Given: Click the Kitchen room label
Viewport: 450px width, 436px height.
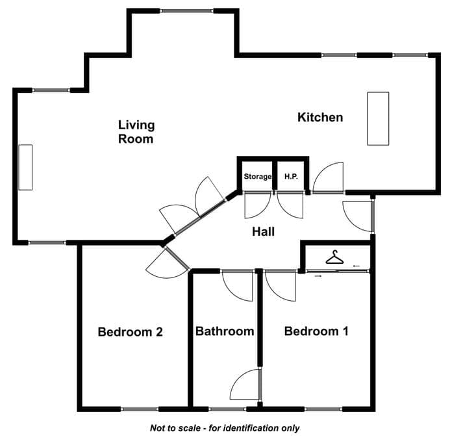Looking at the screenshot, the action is click(x=320, y=117).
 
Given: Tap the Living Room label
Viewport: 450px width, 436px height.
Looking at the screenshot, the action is click(x=136, y=132).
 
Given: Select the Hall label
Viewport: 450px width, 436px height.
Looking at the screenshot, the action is click(x=263, y=231).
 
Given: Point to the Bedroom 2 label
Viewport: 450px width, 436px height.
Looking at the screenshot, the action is click(x=131, y=332).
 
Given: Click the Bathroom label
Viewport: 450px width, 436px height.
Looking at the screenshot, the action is click(x=225, y=331).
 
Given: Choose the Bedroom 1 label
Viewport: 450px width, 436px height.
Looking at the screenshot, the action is click(x=316, y=331).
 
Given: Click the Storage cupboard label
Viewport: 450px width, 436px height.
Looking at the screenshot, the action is click(x=257, y=176).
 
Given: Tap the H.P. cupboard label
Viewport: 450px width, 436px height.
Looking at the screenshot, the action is click(x=291, y=176).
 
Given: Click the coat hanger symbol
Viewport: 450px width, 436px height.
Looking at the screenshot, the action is click(x=334, y=257).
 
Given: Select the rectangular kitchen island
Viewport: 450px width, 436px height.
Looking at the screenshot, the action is click(x=379, y=118).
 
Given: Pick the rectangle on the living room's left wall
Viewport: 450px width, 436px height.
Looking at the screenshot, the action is click(x=25, y=167).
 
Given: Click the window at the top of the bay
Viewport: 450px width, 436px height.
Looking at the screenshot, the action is click(x=186, y=11).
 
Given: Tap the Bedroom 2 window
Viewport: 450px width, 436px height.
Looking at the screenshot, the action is click(x=140, y=409).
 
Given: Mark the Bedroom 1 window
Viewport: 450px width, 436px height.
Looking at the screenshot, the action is click(x=324, y=409).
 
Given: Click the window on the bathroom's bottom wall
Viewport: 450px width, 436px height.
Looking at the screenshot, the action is click(x=227, y=409).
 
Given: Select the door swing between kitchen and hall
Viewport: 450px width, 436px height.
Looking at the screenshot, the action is click(x=328, y=177).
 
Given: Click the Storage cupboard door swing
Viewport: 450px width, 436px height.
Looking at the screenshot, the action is click(x=257, y=205).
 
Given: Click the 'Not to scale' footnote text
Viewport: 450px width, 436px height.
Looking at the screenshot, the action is click(x=225, y=428).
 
